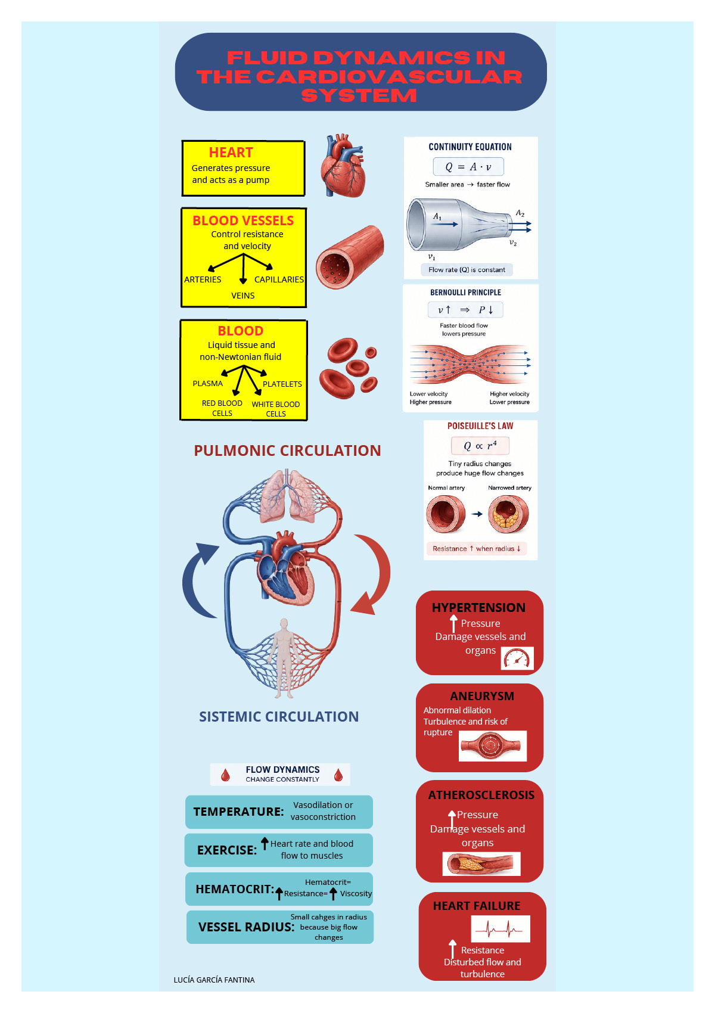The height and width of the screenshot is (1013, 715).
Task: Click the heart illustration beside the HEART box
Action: (343, 166)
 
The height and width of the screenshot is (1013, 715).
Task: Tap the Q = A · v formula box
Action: (468, 166)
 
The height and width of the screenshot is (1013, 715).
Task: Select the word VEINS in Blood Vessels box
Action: (243, 296)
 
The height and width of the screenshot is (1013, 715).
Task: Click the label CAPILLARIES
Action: (279, 279)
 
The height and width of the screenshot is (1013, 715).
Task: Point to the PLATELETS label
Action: (282, 384)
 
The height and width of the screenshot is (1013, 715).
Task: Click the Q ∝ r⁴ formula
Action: (480, 446)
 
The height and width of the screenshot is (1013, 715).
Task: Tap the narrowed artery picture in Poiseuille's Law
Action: (508, 514)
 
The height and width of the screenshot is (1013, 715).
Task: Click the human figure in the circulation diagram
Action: (284, 658)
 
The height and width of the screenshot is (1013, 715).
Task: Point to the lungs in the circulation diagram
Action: (287, 496)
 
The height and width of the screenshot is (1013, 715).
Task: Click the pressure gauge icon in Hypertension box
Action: (517, 658)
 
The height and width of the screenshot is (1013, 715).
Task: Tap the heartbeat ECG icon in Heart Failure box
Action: (500, 929)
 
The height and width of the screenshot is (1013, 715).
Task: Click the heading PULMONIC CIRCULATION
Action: (287, 450)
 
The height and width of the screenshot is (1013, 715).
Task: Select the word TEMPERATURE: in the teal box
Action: (238, 812)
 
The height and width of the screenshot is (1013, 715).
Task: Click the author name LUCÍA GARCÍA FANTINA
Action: (214, 980)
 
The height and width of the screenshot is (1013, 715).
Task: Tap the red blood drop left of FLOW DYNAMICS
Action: (225, 776)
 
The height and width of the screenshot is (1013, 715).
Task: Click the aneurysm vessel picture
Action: (493, 745)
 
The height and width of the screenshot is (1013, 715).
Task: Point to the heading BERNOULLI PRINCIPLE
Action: (465, 292)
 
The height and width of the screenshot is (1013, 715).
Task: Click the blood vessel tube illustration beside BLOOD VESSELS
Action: (350, 256)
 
